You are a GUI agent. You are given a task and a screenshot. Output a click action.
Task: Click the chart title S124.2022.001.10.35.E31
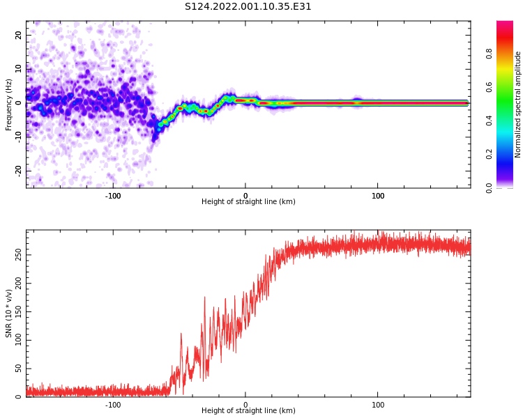pyautogui.click(x=248, y=7)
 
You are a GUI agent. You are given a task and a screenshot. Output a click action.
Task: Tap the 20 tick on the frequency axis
pyautogui.click(x=19, y=35)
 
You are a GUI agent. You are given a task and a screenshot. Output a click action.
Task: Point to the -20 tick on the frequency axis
pyautogui.click(x=19, y=170)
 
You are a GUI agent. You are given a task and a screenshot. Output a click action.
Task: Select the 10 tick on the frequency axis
pyautogui.click(x=19, y=68)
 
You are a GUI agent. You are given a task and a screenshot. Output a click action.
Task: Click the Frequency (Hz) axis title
pyautogui.click(x=9, y=104)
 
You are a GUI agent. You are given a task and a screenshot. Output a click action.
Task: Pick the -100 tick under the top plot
pyautogui.click(x=113, y=195)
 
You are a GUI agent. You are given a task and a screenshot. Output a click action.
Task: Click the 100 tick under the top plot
pyautogui.click(x=378, y=195)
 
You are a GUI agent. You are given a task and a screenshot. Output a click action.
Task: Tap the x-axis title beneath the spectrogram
pyautogui.click(x=248, y=202)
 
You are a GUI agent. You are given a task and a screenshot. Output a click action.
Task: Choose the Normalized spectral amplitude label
pyautogui.click(x=518, y=104)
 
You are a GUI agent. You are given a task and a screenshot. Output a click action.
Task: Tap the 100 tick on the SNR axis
pyautogui.click(x=19, y=340)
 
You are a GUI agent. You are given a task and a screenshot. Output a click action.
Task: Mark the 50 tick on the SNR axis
pyautogui.click(x=19, y=369)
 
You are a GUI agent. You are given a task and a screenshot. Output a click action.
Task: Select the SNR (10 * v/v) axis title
pyautogui.click(x=9, y=313)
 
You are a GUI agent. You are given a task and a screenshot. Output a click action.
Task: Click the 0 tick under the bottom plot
pyautogui.click(x=245, y=404)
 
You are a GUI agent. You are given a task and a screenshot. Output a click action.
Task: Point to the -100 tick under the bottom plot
pyautogui.click(x=113, y=404)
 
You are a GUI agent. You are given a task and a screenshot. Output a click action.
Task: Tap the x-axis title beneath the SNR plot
pyautogui.click(x=248, y=411)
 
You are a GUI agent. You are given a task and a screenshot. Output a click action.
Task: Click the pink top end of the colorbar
pyautogui.click(x=504, y=25)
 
